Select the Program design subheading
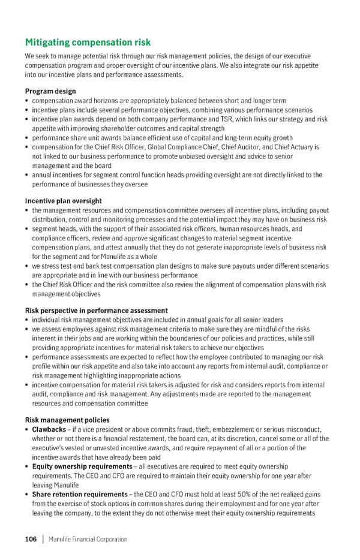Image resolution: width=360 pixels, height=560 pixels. click(50, 91)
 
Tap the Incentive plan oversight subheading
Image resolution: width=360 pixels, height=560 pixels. click(63, 201)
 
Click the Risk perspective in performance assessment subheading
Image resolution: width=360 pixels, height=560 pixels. click(96, 310)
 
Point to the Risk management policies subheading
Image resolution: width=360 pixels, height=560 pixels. click(67, 420)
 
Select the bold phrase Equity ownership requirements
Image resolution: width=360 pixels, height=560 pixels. click(83, 466)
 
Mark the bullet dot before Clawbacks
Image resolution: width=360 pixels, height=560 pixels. click(28, 429)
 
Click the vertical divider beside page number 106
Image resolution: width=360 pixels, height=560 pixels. click(43, 539)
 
